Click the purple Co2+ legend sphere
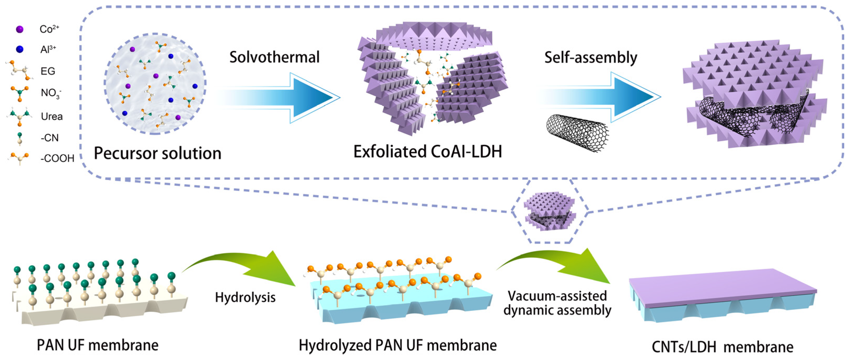[20, 29]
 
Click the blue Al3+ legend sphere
[20, 50]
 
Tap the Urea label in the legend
[51, 116]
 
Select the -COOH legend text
[57, 159]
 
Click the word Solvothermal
[274, 57]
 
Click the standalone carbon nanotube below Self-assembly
[577, 132]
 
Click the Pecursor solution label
[158, 153]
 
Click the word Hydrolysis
[245, 297]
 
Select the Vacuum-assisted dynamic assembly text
[557, 303]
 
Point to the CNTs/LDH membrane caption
[723, 347]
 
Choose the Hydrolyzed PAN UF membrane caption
[397, 345]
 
